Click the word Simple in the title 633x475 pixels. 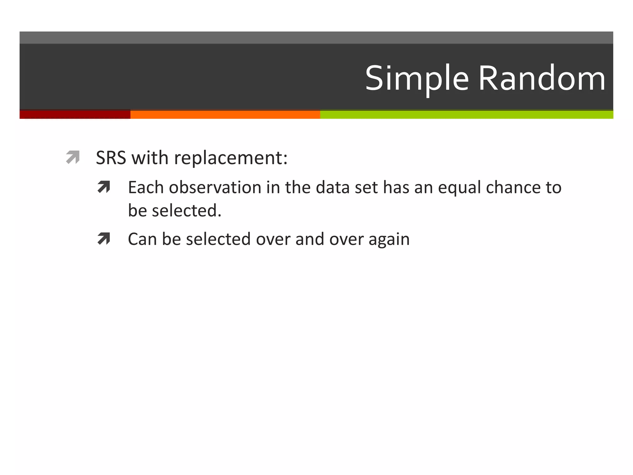tap(417, 79)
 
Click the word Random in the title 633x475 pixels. tap(542, 79)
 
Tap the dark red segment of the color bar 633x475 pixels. tap(75, 114)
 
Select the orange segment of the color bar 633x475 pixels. tap(225, 114)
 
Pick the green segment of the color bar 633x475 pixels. tap(466, 114)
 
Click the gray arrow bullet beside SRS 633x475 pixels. tap(73, 157)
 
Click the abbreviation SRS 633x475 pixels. tap(111, 158)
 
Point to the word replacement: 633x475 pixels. tap(231, 158)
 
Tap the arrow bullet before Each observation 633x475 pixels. tap(104, 187)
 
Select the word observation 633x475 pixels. tap(215, 188)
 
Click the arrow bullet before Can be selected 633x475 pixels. tap(104, 239)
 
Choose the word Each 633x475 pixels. tap(146, 188)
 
